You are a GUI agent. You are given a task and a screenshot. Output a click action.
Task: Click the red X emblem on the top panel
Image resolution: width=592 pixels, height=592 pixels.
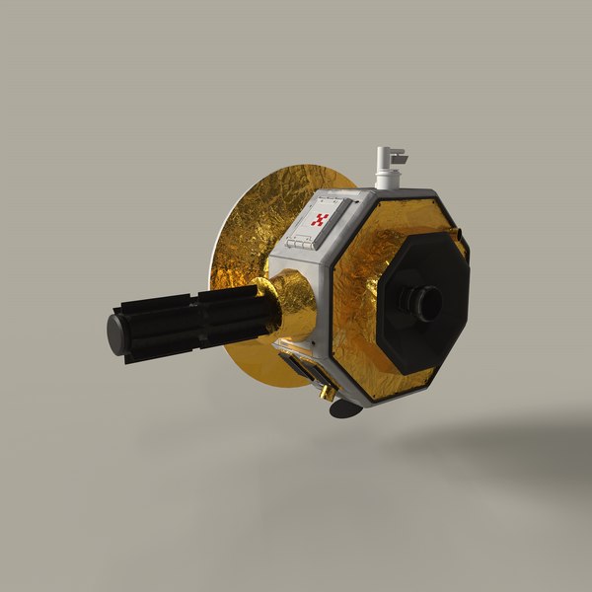319,220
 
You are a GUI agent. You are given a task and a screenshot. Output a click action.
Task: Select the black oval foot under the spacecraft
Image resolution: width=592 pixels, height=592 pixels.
343,407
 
